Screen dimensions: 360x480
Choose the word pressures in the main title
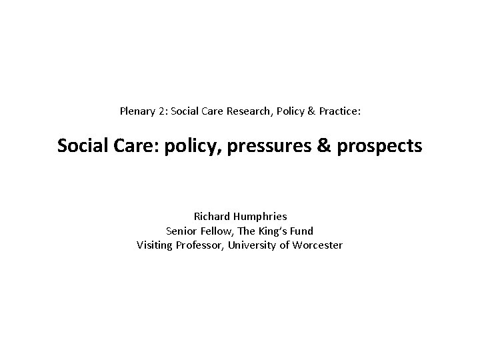[x=271, y=145]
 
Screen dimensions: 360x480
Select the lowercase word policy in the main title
[x=197, y=145]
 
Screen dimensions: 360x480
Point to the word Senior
[x=181, y=231]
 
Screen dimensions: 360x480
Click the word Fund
[x=303, y=231]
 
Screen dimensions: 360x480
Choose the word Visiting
[x=156, y=245]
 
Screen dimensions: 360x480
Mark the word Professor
[x=203, y=245]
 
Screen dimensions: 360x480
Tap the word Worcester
[x=317, y=245]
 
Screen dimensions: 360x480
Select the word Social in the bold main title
[x=79, y=145]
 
